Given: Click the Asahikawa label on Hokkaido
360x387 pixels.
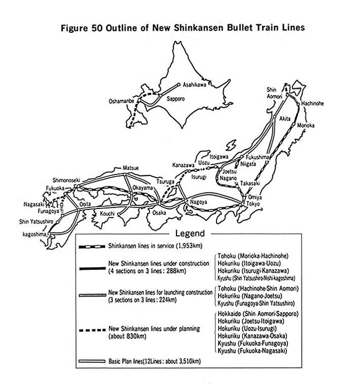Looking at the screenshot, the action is [x=194, y=84].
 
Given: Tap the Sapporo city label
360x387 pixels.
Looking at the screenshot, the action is [x=175, y=99].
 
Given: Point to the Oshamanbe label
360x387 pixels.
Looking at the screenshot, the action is [x=121, y=101].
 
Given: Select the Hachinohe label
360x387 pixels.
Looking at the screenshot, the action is [x=312, y=103].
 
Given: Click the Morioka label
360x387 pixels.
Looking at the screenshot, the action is [x=305, y=125].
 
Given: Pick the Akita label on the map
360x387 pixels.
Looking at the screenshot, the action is [x=285, y=118].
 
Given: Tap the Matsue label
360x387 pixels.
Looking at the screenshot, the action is [x=131, y=168].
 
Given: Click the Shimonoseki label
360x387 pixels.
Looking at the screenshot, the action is [x=66, y=180].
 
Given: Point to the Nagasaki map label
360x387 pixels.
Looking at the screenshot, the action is [x=34, y=204].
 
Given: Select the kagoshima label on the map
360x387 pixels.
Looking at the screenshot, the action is [x=34, y=234].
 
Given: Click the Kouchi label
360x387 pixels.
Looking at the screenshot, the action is [x=107, y=213].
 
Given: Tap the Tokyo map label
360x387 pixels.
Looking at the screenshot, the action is [x=253, y=204].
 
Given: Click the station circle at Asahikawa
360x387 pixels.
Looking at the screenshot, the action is [x=179, y=84].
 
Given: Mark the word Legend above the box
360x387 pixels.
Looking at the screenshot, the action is [x=190, y=233].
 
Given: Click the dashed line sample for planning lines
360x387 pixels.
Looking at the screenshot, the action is [x=92, y=330].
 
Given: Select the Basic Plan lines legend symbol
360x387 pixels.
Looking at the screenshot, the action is [x=92, y=361].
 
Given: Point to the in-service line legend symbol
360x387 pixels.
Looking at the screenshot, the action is [x=92, y=247].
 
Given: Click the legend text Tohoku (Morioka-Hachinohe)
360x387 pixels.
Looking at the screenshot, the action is [x=253, y=256].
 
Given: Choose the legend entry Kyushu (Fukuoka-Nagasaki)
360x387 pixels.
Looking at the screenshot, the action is [x=252, y=350].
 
